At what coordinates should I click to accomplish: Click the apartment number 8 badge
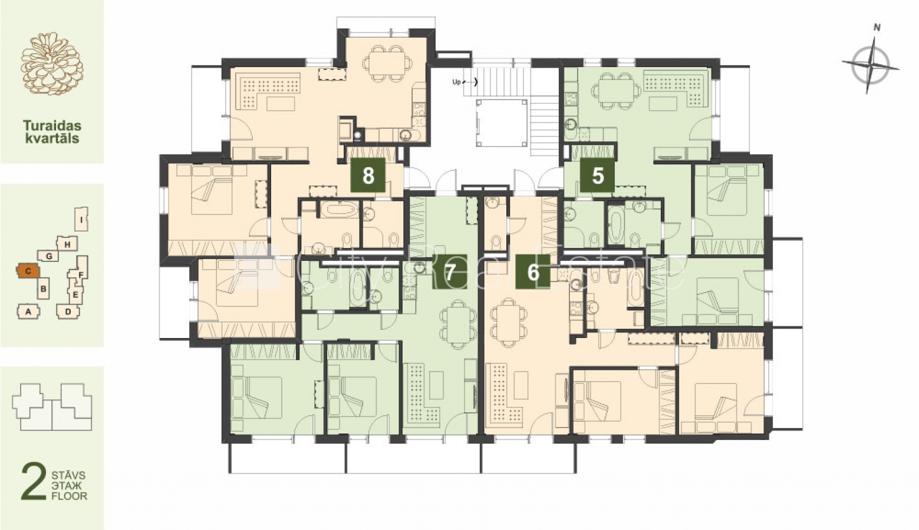368,175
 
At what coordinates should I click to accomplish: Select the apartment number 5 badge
597,175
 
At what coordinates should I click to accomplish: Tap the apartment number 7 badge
450,271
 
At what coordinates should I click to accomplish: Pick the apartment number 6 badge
533,271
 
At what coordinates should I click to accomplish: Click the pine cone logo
52,64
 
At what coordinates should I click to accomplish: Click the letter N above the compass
877,28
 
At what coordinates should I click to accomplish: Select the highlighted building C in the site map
28,271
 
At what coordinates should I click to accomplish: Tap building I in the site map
82,219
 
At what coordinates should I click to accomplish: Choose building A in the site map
28,312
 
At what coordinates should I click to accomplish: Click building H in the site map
67,244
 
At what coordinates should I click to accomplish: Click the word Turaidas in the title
52,125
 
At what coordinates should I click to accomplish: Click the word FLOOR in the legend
70,496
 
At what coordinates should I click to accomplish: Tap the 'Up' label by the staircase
456,82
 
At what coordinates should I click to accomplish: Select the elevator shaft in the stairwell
501,122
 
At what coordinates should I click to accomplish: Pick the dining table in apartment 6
509,324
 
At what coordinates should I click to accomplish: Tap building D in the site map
68,311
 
